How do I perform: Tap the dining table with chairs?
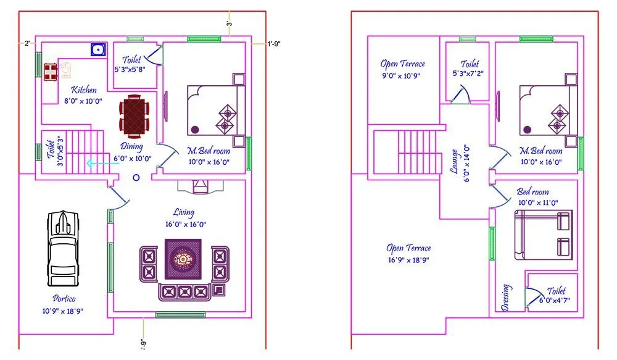click(x=135, y=115)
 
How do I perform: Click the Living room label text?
click(x=184, y=213)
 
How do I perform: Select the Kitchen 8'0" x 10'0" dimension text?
click(x=83, y=101)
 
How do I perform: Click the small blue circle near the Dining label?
click(x=136, y=177)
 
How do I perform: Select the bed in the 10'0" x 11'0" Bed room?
click(x=542, y=235)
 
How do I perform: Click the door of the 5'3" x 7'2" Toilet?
click(x=460, y=94)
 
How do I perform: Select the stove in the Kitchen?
click(x=50, y=71)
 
